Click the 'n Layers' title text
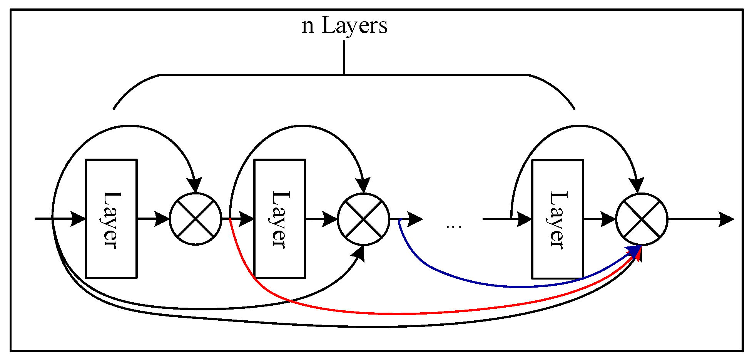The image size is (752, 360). coord(344,25)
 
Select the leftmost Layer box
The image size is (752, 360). coord(111,219)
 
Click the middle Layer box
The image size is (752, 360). coord(280,219)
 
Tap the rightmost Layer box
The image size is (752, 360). coord(557,219)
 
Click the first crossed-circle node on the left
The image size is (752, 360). coord(196,219)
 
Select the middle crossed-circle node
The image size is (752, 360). coord(364,219)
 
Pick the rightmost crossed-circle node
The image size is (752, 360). coord(642,219)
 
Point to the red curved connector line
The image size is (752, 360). coord(385,313)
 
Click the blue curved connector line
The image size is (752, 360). coord(500,286)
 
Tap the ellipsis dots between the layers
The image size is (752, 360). coord(454,227)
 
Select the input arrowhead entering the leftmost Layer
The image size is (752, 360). coord(78,219)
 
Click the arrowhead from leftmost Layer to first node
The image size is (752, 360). coord(162,219)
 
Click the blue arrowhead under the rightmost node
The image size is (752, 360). coord(633,251)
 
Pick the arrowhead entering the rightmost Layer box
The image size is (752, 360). coord(524,219)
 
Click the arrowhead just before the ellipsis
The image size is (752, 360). coord(415,219)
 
